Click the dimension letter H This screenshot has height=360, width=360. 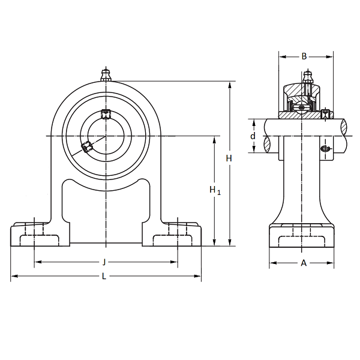tap(229, 158)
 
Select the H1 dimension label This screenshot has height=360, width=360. tap(215, 190)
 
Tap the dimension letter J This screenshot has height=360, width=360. tap(104, 262)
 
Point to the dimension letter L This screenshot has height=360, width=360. tap(104, 277)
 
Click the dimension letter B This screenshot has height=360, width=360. tap(304, 56)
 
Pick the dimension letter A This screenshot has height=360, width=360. tap(304, 263)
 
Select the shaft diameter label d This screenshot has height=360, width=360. tap(253, 136)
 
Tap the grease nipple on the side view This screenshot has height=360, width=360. tap(307, 78)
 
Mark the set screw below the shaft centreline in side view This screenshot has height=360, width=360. tap(326, 148)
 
